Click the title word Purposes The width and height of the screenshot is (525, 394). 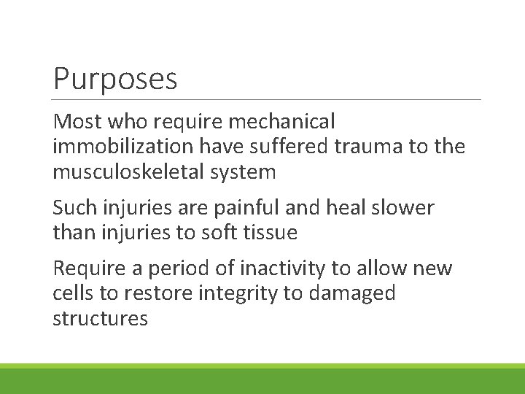(x=115, y=80)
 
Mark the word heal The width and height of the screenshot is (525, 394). (x=343, y=207)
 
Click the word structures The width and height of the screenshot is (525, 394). (x=100, y=319)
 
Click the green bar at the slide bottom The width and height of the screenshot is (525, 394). (x=262, y=379)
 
